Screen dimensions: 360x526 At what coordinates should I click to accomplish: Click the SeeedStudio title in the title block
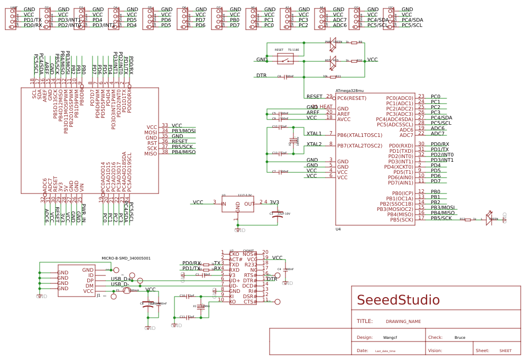(398, 300)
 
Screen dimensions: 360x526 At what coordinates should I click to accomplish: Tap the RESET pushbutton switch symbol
(285, 59)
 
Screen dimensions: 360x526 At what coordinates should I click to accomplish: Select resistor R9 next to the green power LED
(354, 43)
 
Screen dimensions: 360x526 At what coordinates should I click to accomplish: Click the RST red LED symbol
(333, 61)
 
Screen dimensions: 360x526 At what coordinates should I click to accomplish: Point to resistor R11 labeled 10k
(333, 76)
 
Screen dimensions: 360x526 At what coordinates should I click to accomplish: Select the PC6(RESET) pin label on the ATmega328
(352, 98)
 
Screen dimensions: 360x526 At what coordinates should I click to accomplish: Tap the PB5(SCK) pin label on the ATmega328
(401, 219)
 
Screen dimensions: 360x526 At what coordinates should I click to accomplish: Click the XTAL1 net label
(314, 134)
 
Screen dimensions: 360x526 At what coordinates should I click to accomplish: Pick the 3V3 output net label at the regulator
(274, 202)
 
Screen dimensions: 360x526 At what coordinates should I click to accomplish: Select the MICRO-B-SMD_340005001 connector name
(126, 259)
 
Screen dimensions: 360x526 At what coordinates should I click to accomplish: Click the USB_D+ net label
(120, 279)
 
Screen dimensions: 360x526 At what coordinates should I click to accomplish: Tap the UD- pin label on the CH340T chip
(234, 285)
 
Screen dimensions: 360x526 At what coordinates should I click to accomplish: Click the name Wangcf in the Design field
(390, 337)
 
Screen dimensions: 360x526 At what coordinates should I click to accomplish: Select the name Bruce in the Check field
(460, 337)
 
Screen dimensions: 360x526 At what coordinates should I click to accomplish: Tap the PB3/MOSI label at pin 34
(183, 131)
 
